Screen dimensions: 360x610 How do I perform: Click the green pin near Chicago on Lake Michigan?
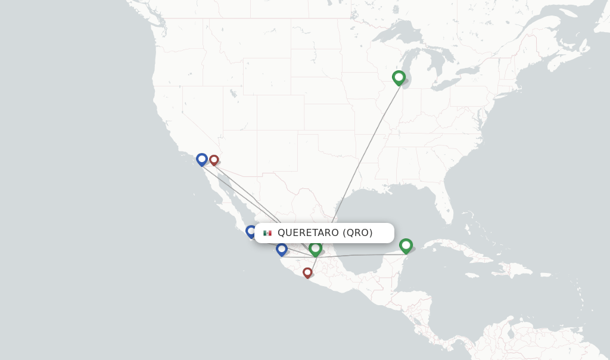click(x=399, y=77)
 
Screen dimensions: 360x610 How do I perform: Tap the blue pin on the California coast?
click(x=202, y=159)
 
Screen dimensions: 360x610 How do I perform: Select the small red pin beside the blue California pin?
click(x=214, y=160)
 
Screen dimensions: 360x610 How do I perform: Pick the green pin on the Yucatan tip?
click(x=406, y=245)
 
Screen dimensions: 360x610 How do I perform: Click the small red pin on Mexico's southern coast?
click(x=307, y=272)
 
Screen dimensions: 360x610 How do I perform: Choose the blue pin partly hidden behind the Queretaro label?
click(x=250, y=231)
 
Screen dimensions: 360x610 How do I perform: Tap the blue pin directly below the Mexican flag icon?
click(x=282, y=249)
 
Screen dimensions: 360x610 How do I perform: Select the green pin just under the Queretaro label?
click(x=315, y=248)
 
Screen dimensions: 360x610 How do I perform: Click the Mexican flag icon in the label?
click(x=267, y=233)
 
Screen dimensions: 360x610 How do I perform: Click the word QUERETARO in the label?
click(x=308, y=233)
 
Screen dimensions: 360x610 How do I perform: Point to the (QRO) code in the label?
click(x=357, y=233)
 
